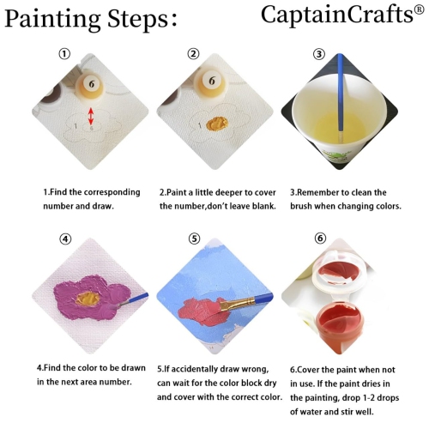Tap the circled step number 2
[x=193, y=53]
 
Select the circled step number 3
[x=319, y=53]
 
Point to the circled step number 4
[x=65, y=239]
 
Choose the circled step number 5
[x=194, y=239]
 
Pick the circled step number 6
[x=319, y=238]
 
